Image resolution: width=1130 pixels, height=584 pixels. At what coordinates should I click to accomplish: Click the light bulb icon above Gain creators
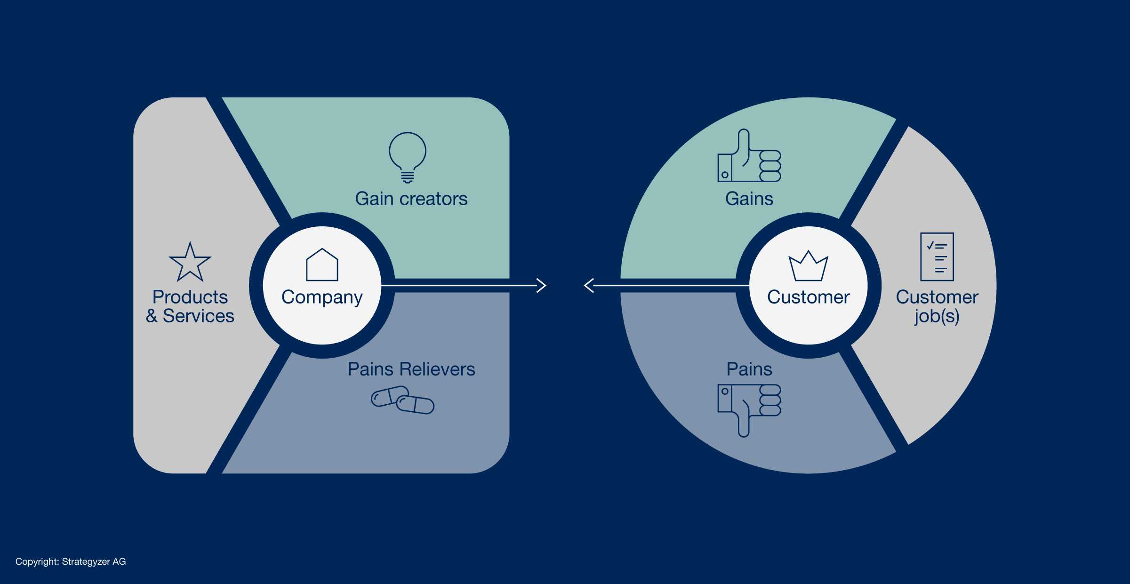408,157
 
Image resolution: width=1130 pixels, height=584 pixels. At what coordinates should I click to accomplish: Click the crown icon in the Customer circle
808,266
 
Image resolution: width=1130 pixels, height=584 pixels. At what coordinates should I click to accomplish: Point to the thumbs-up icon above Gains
749,156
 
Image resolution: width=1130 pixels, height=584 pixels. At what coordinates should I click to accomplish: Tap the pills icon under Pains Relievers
402,400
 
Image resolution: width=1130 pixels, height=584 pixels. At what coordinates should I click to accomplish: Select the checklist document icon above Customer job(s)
937,257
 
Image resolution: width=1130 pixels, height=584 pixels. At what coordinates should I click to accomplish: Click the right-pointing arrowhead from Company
541,285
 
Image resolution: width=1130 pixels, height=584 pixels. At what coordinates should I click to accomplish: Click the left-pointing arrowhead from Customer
589,285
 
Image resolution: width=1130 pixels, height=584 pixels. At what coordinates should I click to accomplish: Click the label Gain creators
411,199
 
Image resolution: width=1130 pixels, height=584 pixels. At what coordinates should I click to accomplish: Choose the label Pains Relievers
411,369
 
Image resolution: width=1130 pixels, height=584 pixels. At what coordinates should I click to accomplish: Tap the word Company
322,297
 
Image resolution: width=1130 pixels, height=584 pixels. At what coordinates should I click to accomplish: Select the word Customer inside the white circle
808,297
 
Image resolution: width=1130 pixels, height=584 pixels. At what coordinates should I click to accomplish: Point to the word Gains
749,199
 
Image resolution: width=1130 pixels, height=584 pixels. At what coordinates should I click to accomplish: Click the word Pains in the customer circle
749,369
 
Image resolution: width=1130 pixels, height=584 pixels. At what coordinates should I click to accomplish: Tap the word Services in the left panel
198,316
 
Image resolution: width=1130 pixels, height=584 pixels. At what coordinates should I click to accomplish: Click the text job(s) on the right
937,316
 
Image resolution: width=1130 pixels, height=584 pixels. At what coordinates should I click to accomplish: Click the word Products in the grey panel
190,297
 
